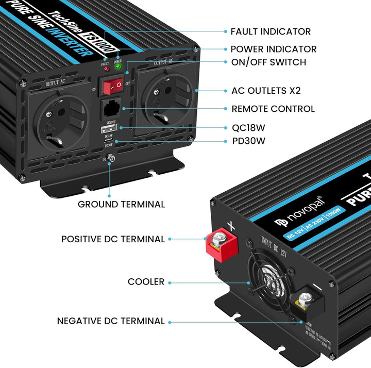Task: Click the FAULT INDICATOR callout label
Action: (x=271, y=32)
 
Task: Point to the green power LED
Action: (x=118, y=65)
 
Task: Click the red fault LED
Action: (x=106, y=68)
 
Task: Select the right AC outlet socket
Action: (x=165, y=103)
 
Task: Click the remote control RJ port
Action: (x=111, y=109)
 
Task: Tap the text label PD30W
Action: (x=248, y=141)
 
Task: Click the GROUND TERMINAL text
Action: (x=121, y=204)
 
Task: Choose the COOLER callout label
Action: (x=146, y=282)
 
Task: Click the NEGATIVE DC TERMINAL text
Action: (x=111, y=321)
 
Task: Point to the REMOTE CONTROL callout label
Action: (x=273, y=109)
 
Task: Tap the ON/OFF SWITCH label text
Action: (x=268, y=62)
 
